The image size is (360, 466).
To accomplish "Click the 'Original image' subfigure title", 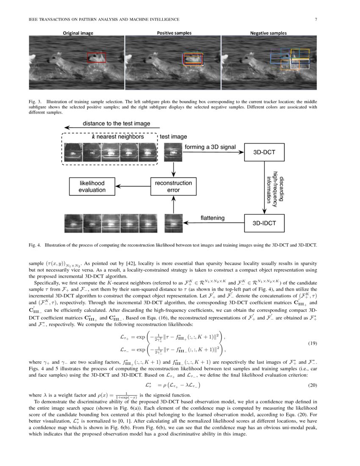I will pyautogui.click(x=78, y=33).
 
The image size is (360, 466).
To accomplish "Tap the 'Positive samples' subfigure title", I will pyautogui.click(x=174, y=33).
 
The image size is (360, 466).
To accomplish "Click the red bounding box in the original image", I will pyautogui.click(x=97, y=58).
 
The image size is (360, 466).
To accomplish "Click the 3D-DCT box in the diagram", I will pyautogui.click(x=265, y=153).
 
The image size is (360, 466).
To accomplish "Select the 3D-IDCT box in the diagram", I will pyautogui.click(x=265, y=222).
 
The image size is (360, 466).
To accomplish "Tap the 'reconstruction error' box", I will pyautogui.click(x=173, y=186).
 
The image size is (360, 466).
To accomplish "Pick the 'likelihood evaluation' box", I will pyautogui.click(x=92, y=186).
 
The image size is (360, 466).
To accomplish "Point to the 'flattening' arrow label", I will pyautogui.click(x=212, y=218).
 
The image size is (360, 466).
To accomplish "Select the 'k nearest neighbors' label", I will pyautogui.click(x=118, y=137).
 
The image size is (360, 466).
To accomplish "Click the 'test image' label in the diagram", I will pyautogui.click(x=173, y=137).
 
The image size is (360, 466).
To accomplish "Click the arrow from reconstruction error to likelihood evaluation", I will pyautogui.click(x=133, y=186).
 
